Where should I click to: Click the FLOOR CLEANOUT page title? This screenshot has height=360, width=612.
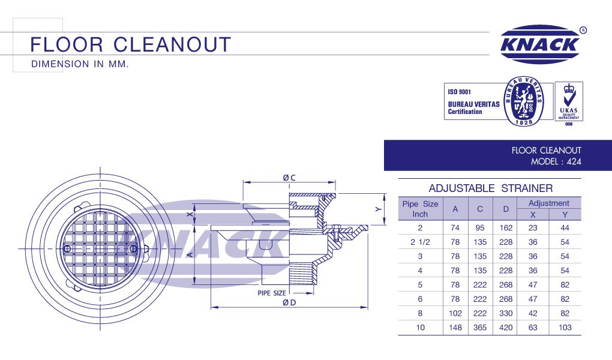pos(130,44)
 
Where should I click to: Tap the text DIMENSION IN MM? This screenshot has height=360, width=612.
pos(80,63)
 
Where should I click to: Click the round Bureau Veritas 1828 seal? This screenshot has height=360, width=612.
pos(526,104)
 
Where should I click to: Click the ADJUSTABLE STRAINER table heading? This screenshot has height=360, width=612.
pos(490,188)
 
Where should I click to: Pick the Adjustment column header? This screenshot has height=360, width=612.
pos(548,203)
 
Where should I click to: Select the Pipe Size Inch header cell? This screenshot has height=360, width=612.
pos(420,209)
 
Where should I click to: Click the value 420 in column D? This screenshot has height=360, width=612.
pos(506,328)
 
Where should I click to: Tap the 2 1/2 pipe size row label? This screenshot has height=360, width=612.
pos(420,242)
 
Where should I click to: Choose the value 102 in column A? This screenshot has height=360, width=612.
pos(455,313)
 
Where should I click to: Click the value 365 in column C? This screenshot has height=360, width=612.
pos(480,328)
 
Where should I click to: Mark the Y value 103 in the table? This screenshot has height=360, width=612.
pos(565,328)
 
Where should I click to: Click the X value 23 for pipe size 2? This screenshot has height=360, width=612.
pos(533,228)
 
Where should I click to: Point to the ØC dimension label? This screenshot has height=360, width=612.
pos(289,178)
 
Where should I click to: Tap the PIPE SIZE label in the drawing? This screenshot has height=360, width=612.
pos(272,293)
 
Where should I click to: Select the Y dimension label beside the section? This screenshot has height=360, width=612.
pos(378,209)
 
